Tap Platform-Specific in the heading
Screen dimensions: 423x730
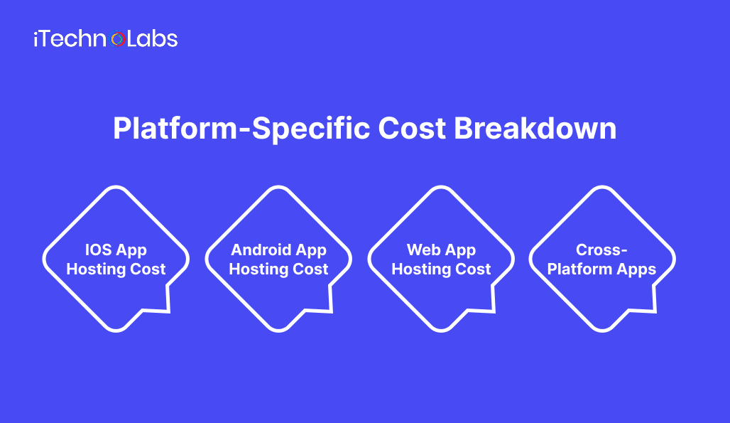241,129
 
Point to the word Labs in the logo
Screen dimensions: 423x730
152,39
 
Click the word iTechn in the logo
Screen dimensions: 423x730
71,39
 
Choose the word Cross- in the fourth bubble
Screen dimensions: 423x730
602,250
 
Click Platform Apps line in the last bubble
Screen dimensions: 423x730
602,269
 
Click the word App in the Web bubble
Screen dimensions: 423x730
462,250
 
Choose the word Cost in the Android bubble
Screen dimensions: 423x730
312,269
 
